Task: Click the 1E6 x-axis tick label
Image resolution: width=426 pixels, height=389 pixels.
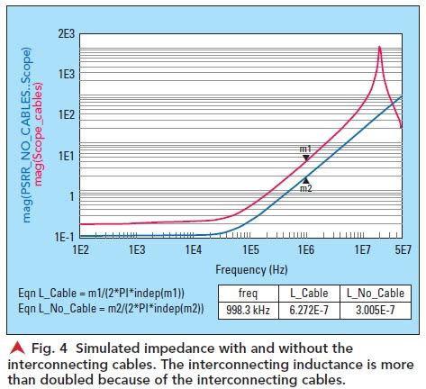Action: [306, 249]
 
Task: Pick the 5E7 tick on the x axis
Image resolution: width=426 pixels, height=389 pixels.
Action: [401, 249]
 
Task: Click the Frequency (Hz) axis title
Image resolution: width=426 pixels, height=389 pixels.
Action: [251, 268]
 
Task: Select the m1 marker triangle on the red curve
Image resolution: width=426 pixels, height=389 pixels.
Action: [306, 158]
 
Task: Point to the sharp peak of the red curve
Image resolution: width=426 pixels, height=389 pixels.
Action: [379, 47]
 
